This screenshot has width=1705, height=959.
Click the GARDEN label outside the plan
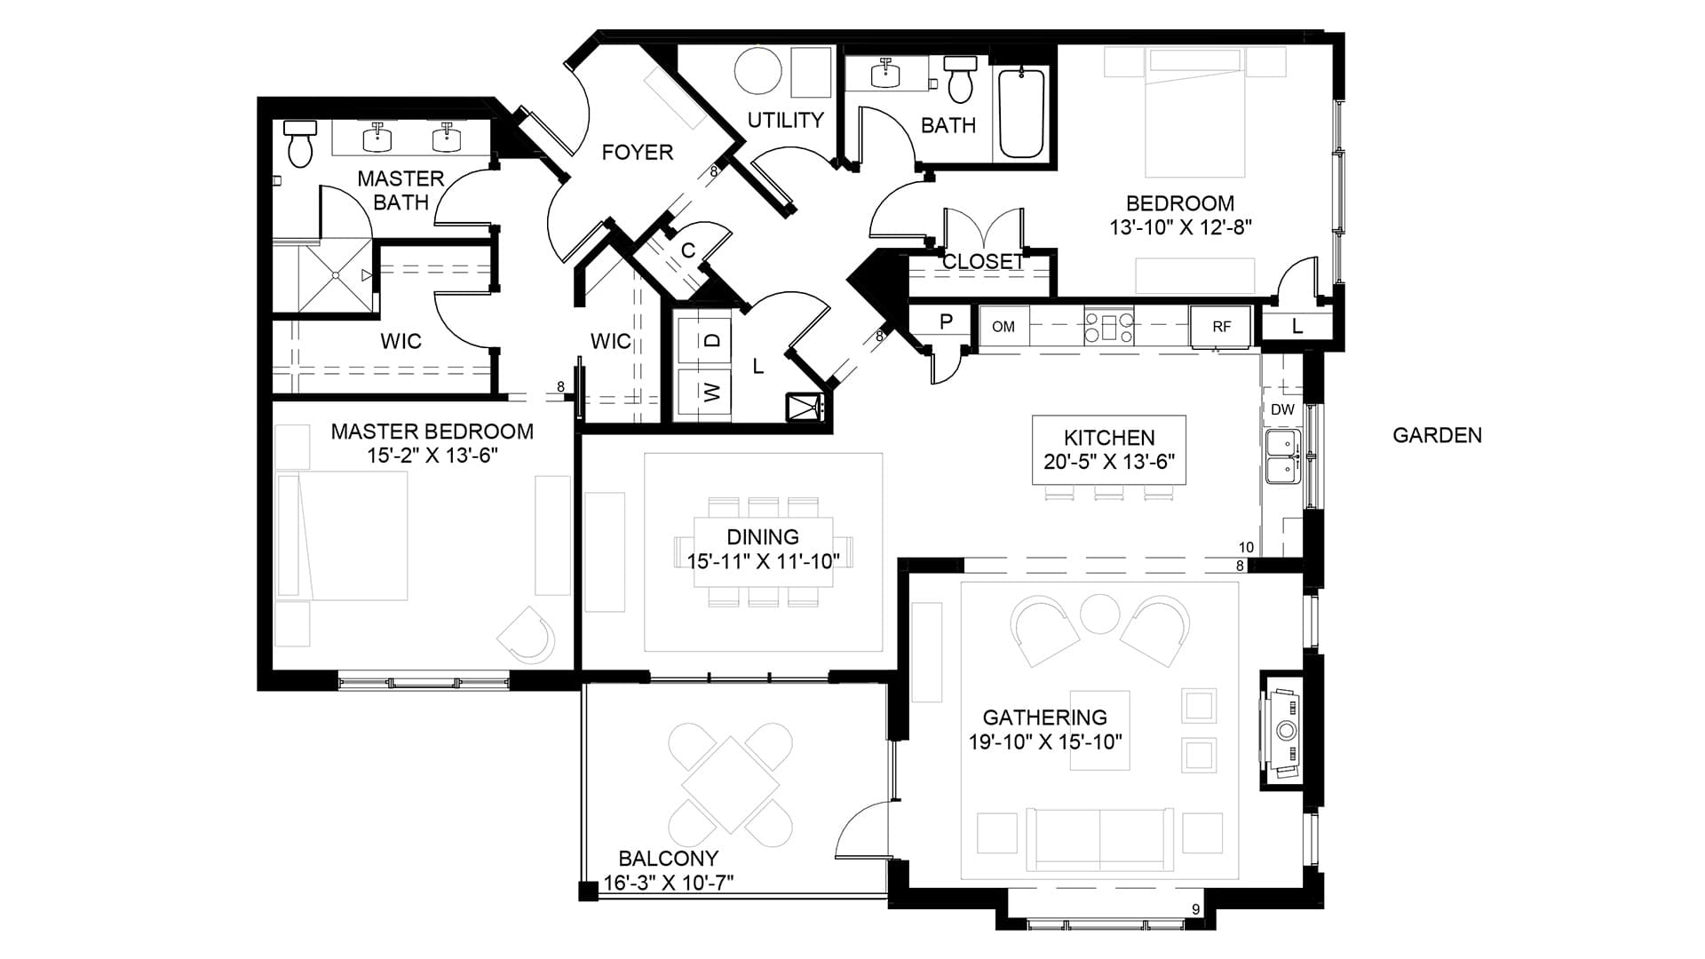pos(1437,435)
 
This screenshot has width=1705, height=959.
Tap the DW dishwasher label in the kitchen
pos(1282,409)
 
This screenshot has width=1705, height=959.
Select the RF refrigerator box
pos(1221,327)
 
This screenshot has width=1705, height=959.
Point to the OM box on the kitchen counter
pos(1003,327)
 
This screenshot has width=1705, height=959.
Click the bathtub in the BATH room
pos(1023,113)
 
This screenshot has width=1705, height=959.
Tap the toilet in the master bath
pos(300,144)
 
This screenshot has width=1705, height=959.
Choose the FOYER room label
pos(637,153)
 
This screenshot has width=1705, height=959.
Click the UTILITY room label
pos(785,120)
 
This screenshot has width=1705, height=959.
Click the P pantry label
pos(946,321)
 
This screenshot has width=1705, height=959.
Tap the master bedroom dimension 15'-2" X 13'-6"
pos(432,456)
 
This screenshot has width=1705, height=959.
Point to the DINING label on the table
pos(763,536)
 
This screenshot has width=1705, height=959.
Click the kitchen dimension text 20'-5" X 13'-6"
pos(1109,462)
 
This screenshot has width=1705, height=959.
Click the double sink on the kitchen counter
pos(1282,456)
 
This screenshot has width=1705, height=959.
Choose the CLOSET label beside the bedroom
pos(983,262)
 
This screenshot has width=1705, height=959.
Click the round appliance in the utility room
pos(758,71)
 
